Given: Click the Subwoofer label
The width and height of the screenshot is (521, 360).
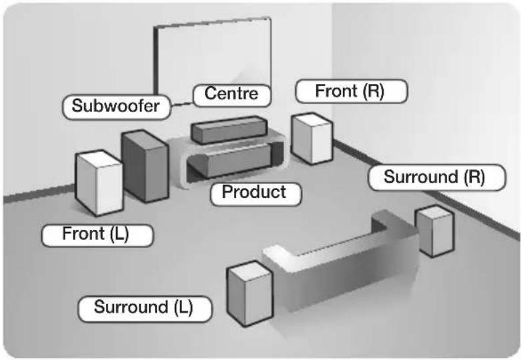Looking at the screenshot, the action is point(116,107).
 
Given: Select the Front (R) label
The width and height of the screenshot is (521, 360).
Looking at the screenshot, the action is point(351,91).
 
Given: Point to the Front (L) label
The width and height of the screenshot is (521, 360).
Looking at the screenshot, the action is point(97,235).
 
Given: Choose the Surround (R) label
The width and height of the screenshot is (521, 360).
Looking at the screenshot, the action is point(436,177).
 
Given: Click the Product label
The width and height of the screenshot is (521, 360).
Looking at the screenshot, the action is point(256,193).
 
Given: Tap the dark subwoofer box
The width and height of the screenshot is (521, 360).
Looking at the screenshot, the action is point(145,166).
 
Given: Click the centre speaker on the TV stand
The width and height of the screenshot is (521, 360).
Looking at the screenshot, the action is point(229,129).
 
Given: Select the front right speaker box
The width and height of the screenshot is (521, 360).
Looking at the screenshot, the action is point(312,139).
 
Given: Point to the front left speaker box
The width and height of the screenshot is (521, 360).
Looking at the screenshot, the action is point(99,183).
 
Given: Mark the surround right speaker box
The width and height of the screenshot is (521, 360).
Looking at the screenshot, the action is point(435,231).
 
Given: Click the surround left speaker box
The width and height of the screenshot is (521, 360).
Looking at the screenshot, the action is point(250,293).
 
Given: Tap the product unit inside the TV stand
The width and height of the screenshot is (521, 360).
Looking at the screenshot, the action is point(233,161).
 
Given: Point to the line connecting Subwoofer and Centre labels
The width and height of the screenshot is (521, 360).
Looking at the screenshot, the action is point(181,105).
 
